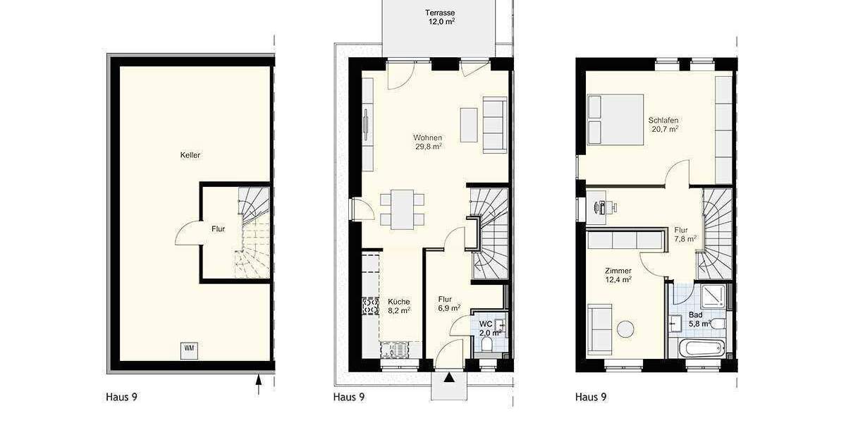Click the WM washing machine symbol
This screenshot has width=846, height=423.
(189, 348)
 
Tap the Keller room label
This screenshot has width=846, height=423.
(190, 155)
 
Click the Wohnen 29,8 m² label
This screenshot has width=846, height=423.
(428, 142)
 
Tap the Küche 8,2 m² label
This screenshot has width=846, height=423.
(398, 305)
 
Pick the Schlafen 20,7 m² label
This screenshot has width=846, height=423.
(663, 125)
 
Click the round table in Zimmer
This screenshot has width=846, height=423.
(625, 329)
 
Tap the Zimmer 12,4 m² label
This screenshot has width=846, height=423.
(618, 275)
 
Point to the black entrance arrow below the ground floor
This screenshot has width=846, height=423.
(448, 377)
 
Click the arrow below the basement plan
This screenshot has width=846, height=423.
(259, 383)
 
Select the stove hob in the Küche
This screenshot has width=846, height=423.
(370, 305)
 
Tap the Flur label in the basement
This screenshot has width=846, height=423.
(218, 228)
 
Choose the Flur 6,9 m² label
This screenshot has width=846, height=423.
(448, 302)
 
